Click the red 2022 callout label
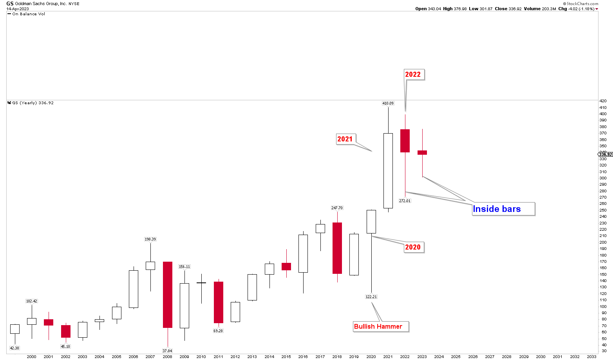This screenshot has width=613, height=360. pos(413,74)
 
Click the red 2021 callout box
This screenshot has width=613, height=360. pos(345,139)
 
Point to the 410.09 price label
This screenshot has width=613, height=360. pos(388,103)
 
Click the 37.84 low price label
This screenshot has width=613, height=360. pos(167,351)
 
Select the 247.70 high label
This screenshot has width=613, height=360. pos(336,208)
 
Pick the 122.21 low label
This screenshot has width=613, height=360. pos(371,297)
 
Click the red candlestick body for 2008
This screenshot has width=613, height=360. pos(168,295)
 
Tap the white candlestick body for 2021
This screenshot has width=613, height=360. pos(388,171)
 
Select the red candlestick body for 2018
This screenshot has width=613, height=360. pos(337,248)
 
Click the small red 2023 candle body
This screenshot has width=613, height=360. pos(422,152)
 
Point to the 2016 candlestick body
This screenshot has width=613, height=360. pos(303,253)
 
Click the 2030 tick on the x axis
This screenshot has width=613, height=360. pos(541,356)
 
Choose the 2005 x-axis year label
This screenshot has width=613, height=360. pos(116,356)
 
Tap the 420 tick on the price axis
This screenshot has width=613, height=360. pos(604,101)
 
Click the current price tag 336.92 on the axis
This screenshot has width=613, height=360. pos(606,154)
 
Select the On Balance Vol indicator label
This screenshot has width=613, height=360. pos(29,14)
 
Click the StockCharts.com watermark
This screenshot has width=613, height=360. pos(582,4)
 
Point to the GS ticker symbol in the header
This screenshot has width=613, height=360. pos(10,4)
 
